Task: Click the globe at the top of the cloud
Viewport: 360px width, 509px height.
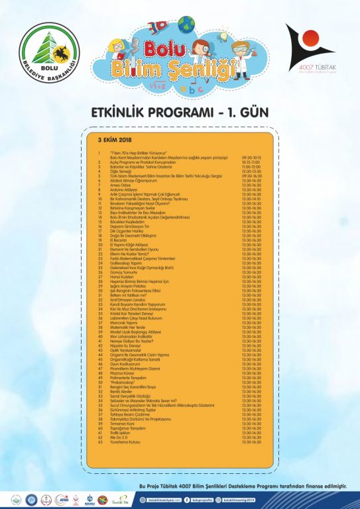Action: (188, 24)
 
